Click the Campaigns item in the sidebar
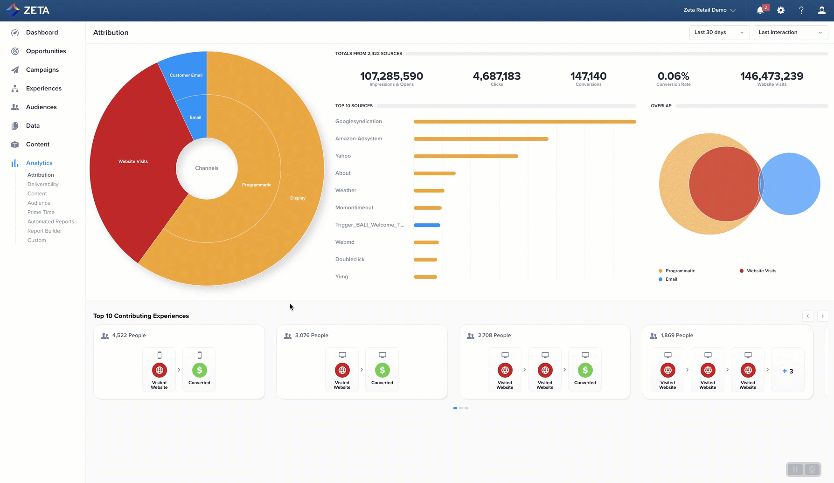click(x=42, y=70)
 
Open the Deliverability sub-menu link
click(x=43, y=184)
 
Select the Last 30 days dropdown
click(x=719, y=33)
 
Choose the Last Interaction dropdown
click(x=790, y=33)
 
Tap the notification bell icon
click(x=760, y=10)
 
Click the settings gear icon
click(x=781, y=10)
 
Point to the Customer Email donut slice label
click(x=186, y=75)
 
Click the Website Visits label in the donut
click(x=133, y=162)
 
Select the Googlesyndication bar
click(x=524, y=122)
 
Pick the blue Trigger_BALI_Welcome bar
click(x=427, y=225)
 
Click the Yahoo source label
click(x=343, y=156)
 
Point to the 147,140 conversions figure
click(x=588, y=76)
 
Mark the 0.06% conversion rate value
click(x=673, y=76)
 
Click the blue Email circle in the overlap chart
click(x=795, y=184)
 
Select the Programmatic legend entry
click(x=680, y=271)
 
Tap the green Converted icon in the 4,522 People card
click(x=199, y=370)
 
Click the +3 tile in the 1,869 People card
click(x=787, y=371)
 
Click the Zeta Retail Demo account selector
click(x=709, y=10)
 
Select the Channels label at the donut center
click(x=207, y=168)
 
